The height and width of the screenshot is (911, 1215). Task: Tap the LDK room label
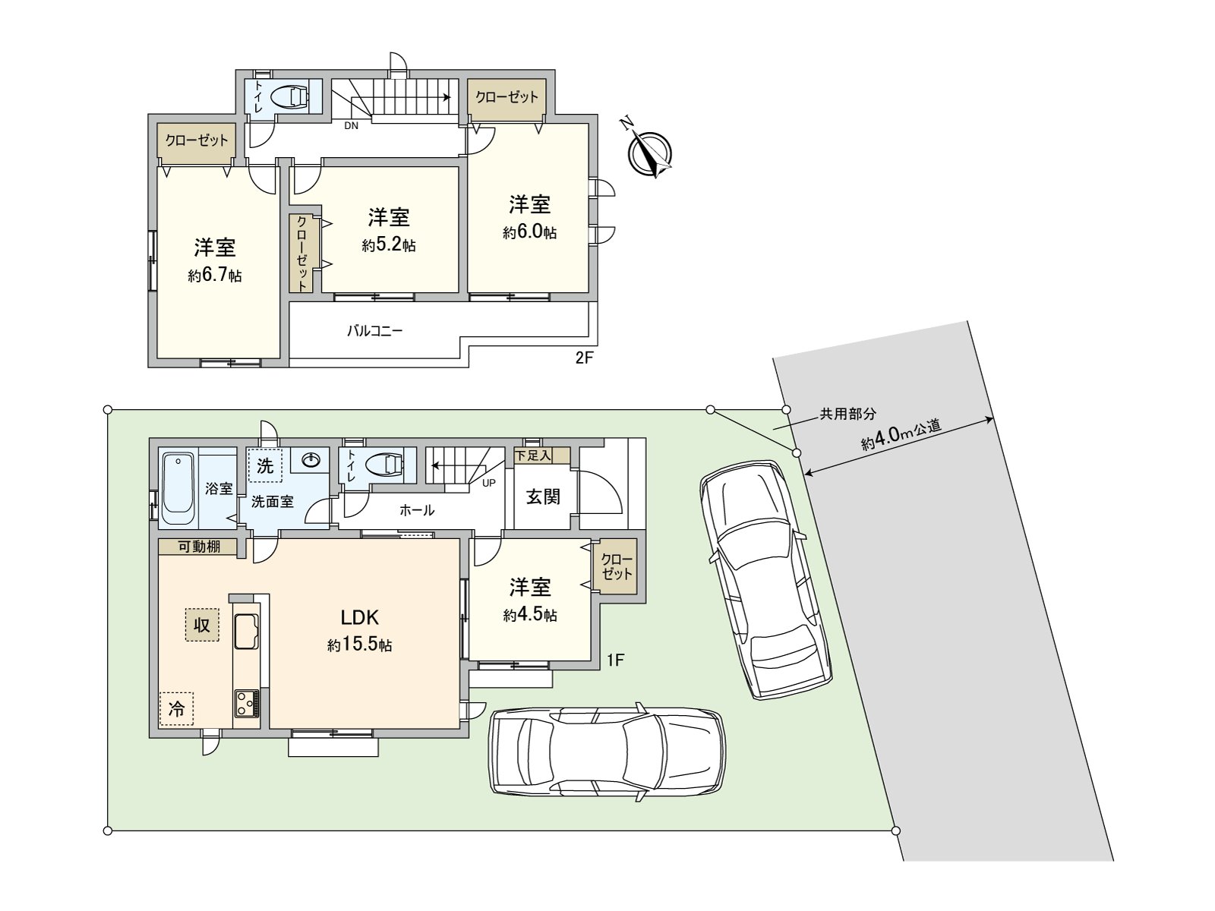point(359,617)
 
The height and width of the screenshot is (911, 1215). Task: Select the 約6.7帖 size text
point(215,276)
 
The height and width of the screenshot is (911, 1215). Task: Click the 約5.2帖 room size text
point(389,245)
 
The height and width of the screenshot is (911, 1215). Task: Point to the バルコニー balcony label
point(374,331)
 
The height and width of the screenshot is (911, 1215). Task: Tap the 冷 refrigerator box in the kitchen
point(176,710)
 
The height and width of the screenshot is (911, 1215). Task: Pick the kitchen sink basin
point(247,632)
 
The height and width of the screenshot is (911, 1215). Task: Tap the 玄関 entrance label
point(543,497)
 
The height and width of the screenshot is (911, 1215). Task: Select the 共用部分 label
point(847,415)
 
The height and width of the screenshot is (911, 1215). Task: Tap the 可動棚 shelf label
point(199,546)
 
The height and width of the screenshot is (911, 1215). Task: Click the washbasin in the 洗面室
point(311,460)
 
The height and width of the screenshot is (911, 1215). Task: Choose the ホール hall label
point(417,510)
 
